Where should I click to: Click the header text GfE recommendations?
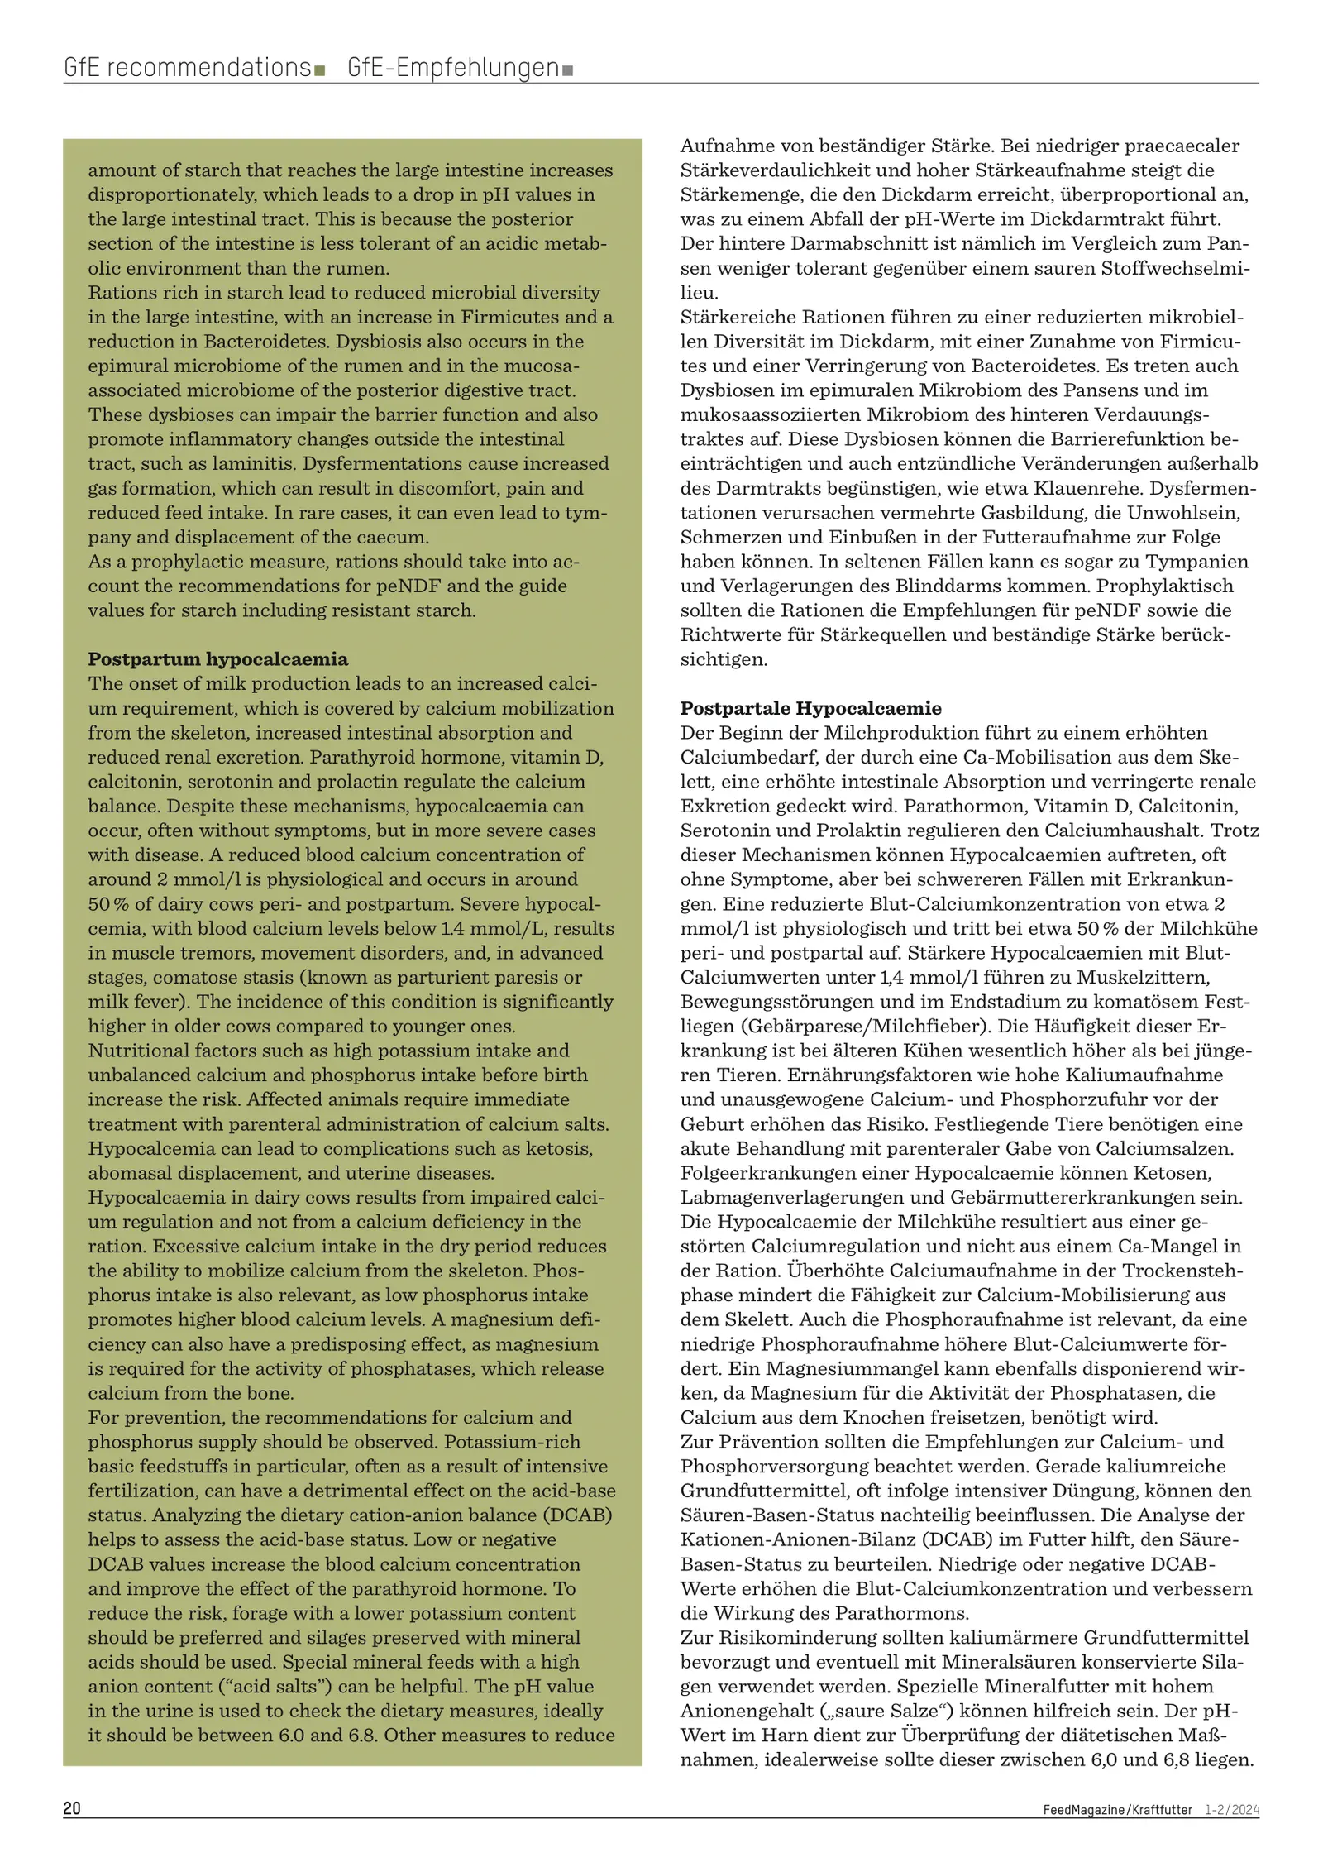[x=187, y=67]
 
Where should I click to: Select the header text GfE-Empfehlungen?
[x=453, y=67]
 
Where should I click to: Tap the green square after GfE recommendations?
[x=319, y=70]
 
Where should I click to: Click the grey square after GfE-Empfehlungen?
[x=567, y=70]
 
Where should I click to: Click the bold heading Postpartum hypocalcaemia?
[x=218, y=659]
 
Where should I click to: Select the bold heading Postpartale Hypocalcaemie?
[x=810, y=708]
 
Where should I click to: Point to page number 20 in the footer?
[x=72, y=1808]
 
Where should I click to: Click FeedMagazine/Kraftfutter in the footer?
[x=1117, y=1810]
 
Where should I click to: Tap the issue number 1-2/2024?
[x=1232, y=1810]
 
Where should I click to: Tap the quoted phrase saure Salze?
[x=838, y=1711]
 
